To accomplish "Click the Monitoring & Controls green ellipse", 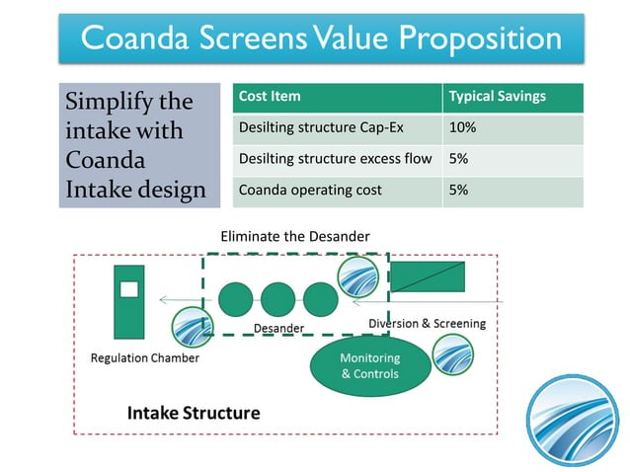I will [369, 365].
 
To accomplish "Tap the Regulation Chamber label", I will [144, 357].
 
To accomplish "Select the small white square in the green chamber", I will [128, 289].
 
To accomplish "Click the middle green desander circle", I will [277, 299].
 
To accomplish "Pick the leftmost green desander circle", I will [235, 299].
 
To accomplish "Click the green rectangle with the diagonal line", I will [429, 276].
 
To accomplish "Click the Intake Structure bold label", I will [194, 412].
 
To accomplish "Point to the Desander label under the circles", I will [278, 328].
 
